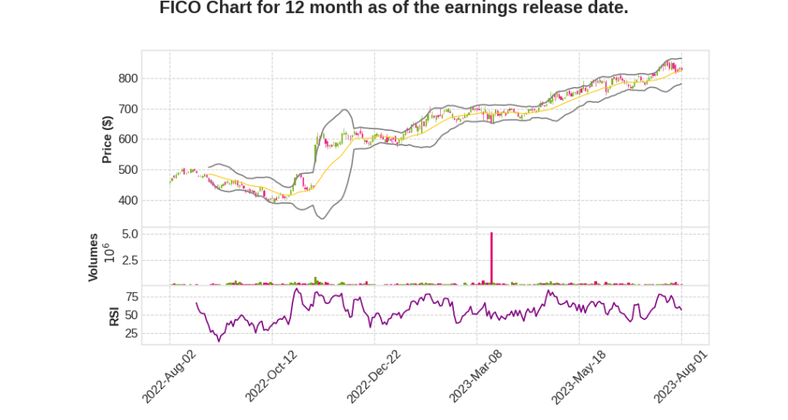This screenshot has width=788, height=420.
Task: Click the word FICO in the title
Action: [180, 9]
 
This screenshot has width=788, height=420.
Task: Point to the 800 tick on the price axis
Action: [128, 78]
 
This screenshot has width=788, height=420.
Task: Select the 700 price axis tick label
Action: [128, 109]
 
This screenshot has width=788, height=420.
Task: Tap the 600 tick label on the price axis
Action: [128, 140]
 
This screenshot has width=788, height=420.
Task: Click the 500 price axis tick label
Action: [128, 170]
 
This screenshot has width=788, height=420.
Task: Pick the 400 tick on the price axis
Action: [128, 201]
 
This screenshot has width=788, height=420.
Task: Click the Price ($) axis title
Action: [107, 139]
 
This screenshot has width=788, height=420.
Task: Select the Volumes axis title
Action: [93, 257]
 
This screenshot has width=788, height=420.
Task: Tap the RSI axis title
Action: [113, 315]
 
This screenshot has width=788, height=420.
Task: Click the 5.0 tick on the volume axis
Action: [129, 233]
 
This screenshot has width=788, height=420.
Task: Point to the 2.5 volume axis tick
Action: [129, 260]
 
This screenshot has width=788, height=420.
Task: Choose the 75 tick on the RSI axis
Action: [132, 296]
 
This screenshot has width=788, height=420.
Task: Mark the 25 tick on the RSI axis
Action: [132, 334]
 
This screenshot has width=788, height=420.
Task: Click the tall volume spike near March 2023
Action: [492, 258]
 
